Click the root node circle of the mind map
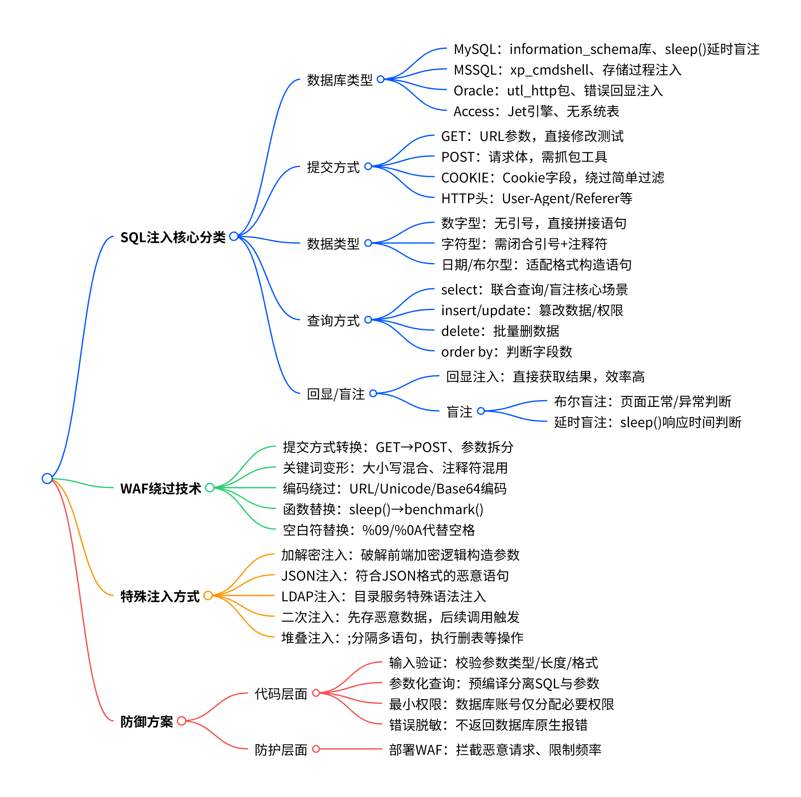(x=47, y=479)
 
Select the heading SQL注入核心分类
(x=173, y=237)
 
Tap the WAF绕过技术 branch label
(x=160, y=488)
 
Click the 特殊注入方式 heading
(x=160, y=596)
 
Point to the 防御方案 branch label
(x=146, y=722)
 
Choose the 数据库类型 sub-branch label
(x=340, y=80)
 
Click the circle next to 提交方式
(x=368, y=166)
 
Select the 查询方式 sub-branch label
(x=333, y=320)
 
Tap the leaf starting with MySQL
(x=606, y=49)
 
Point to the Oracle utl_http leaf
(x=558, y=91)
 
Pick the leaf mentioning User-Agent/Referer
(x=536, y=199)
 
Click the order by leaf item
(x=506, y=352)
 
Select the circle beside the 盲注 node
(x=481, y=411)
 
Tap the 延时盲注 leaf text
(x=647, y=423)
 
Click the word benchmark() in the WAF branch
(x=444, y=510)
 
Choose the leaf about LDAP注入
(x=383, y=597)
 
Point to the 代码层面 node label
(x=281, y=693)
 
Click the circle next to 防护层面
(x=316, y=748)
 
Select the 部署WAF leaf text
(x=495, y=750)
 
